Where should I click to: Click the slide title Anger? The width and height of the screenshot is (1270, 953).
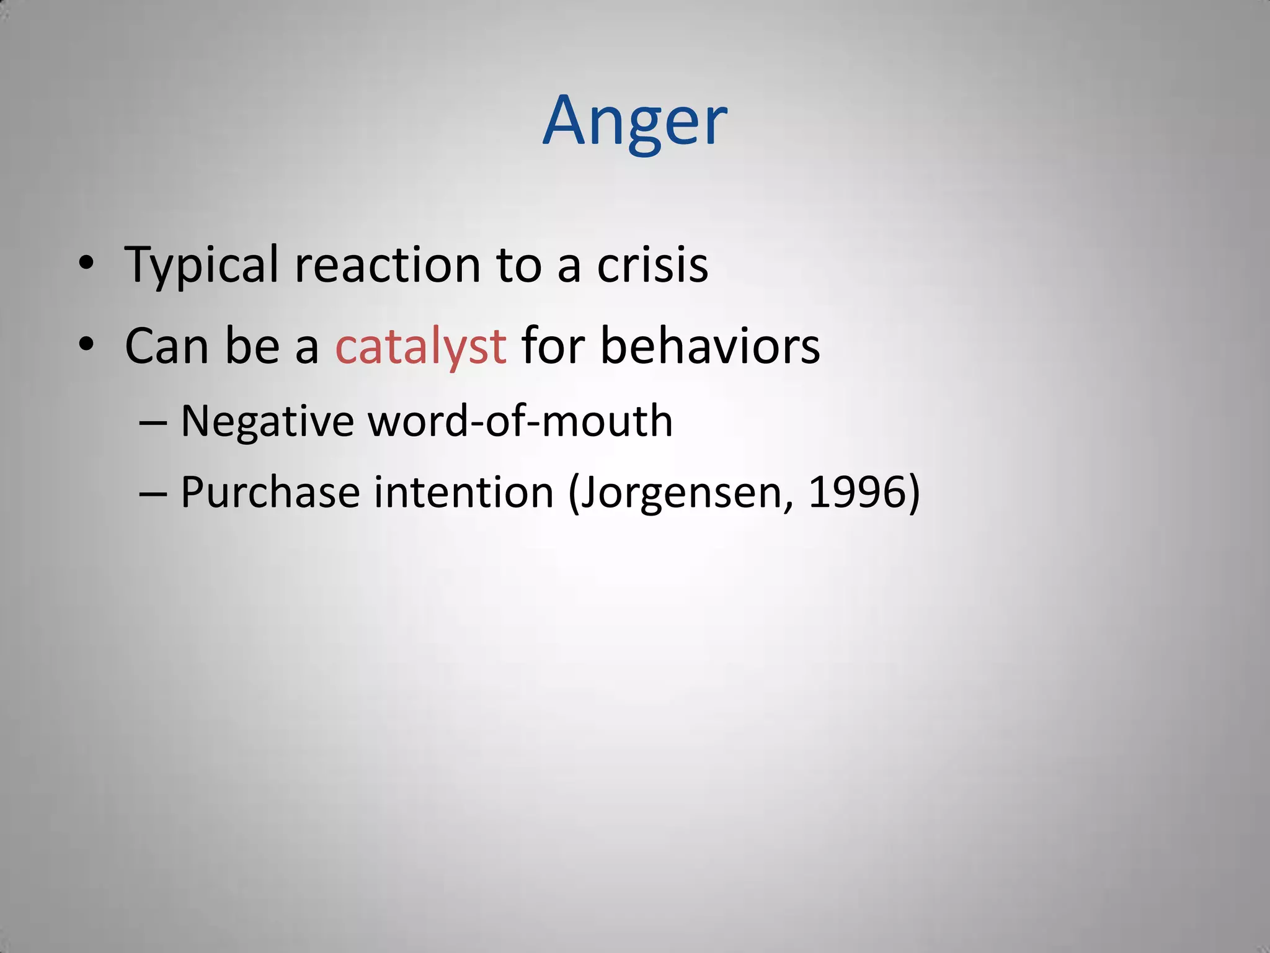(634, 122)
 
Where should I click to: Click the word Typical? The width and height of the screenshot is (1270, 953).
(202, 266)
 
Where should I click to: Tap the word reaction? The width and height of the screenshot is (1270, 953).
(388, 266)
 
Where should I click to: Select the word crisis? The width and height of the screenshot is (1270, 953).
(652, 266)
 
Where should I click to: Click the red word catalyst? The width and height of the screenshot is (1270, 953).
(420, 346)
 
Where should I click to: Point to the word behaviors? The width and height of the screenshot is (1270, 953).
(710, 346)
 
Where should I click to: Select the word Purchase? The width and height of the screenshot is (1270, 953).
(270, 493)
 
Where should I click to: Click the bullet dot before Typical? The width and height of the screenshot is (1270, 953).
(86, 263)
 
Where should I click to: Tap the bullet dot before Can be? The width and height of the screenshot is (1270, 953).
(86, 344)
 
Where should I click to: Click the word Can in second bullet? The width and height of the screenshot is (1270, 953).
(166, 346)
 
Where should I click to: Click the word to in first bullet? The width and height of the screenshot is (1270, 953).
(518, 266)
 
